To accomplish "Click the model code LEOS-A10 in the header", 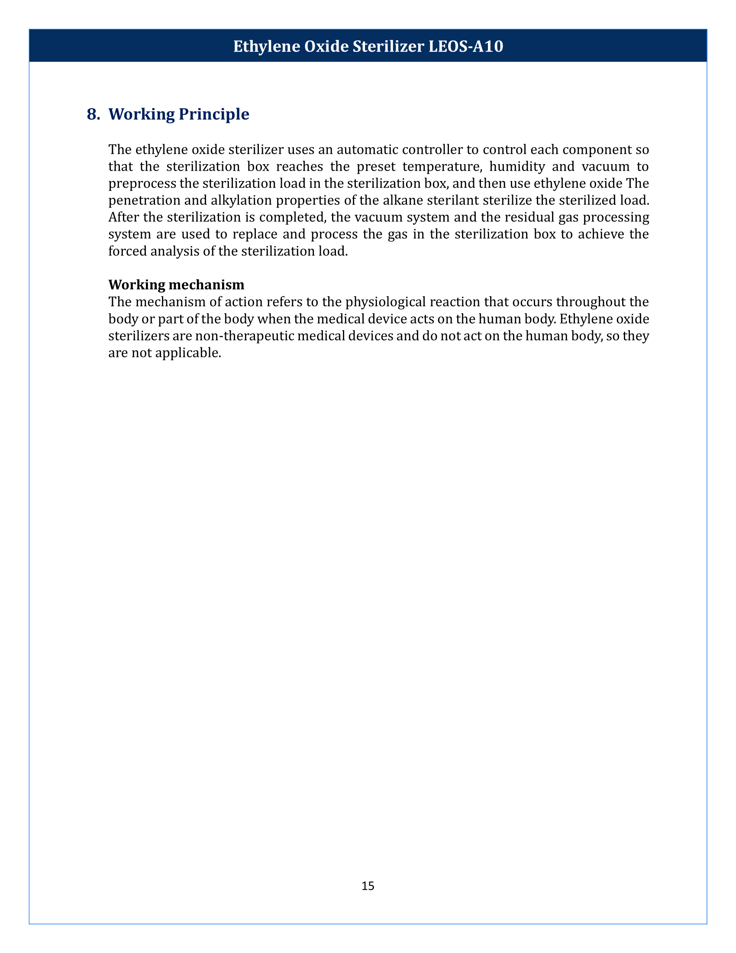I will [466, 46].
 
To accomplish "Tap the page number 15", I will [368, 885].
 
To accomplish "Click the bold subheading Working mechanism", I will [176, 285].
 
